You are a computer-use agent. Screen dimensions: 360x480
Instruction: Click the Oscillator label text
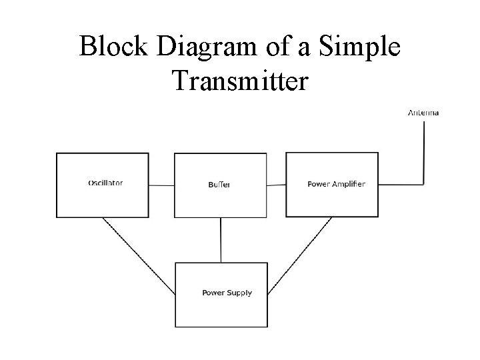point(105,183)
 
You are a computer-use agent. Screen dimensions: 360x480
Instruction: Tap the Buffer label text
point(219,185)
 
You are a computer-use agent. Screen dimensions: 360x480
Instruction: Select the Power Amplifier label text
point(336,184)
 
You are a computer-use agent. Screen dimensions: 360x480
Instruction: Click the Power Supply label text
point(227,293)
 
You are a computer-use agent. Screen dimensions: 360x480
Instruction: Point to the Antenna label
point(423,113)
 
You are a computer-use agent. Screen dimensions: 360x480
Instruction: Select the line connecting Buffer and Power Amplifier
point(277,185)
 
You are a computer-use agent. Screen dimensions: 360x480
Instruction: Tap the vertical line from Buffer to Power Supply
point(221,239)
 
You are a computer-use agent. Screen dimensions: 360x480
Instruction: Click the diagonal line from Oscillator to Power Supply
point(139,257)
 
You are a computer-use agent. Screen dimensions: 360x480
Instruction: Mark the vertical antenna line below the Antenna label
point(424,150)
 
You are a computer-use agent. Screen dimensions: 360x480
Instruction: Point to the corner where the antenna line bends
point(424,184)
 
